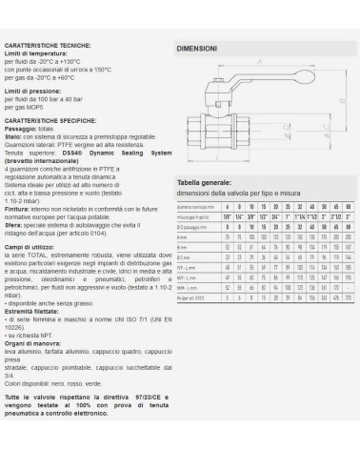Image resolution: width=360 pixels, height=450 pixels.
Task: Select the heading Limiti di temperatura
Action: coord(35,53)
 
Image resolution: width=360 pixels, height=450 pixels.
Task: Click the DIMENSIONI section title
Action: coord(197,48)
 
